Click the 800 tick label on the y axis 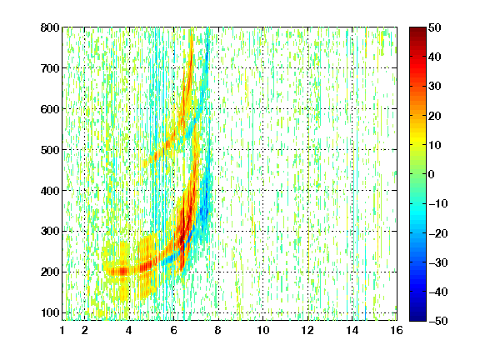click(x=50, y=27)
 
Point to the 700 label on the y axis click(x=50, y=68)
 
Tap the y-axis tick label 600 click(x=50, y=109)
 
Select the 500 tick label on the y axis click(x=50, y=150)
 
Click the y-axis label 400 click(x=50, y=191)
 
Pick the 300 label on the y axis click(x=50, y=231)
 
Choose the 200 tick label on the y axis click(x=50, y=272)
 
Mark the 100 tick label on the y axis click(x=50, y=312)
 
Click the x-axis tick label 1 click(x=62, y=330)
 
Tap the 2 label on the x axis click(x=85, y=330)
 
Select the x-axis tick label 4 click(x=129, y=330)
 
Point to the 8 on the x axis click(x=218, y=330)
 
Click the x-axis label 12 click(x=307, y=330)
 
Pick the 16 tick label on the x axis click(x=397, y=330)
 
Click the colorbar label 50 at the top click(x=435, y=27)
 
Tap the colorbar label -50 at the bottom click(x=438, y=321)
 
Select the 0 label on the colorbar click(x=432, y=174)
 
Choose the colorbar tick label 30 click(x=435, y=86)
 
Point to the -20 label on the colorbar click(x=438, y=233)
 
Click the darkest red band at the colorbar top click(x=417, y=31)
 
